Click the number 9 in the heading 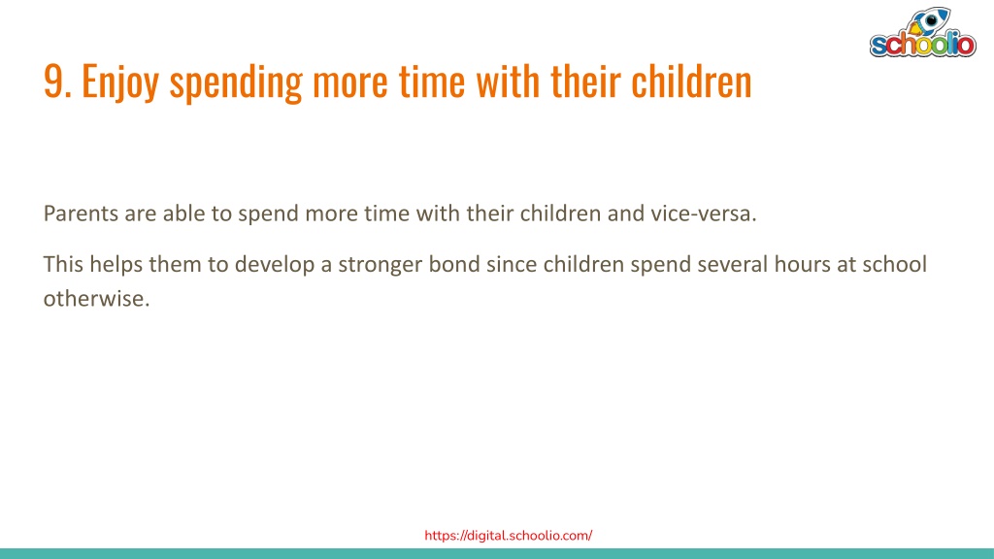[x=54, y=82]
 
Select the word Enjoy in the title [x=119, y=82]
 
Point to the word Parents [x=82, y=214]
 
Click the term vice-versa [x=704, y=214]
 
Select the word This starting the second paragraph [x=63, y=264]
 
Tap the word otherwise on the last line [x=96, y=298]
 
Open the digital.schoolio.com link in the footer [x=509, y=536]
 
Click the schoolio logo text [x=923, y=45]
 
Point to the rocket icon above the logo [x=928, y=21]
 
